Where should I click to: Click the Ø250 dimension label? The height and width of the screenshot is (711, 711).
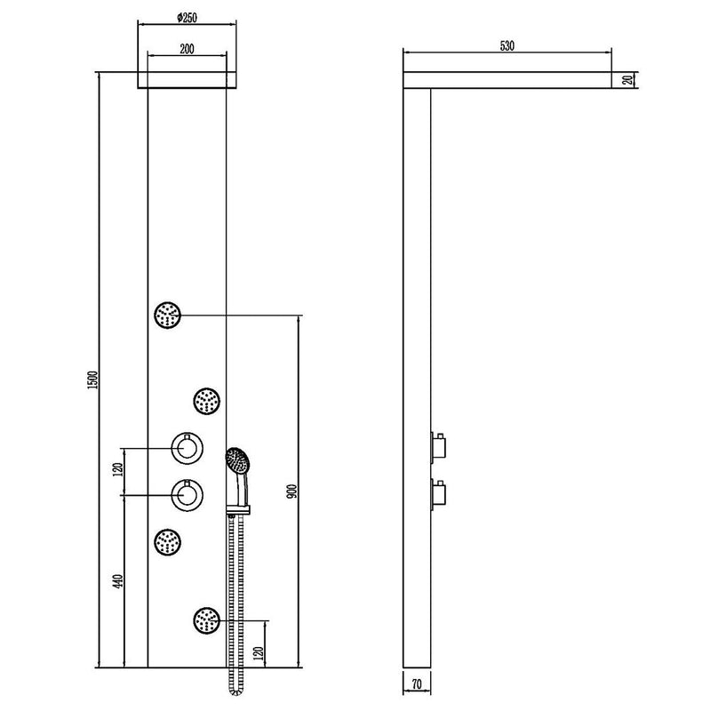tap(187, 18)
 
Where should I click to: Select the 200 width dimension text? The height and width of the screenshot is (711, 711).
tap(187, 49)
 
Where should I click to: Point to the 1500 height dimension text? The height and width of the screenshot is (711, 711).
tap(93, 380)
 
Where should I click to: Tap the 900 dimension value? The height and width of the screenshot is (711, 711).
tap(292, 491)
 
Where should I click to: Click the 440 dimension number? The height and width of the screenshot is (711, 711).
tap(118, 582)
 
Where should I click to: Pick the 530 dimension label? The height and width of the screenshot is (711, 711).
tap(507, 46)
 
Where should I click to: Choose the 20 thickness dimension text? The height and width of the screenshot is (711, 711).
tap(627, 80)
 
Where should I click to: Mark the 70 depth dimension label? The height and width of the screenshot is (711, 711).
tap(417, 684)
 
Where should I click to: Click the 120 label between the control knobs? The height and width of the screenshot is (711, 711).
tap(118, 469)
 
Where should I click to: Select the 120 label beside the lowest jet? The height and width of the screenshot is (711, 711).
tap(259, 653)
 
